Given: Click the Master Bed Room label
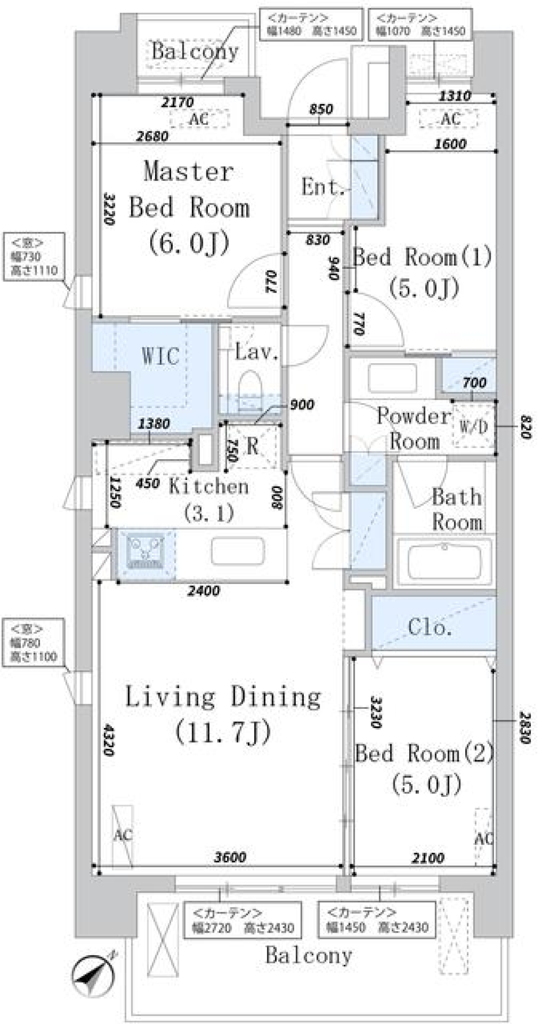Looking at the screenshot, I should click(189, 207).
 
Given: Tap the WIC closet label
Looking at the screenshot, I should click(160, 356).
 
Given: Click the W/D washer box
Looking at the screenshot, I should click(473, 426).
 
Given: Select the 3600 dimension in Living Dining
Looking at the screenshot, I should click(230, 857).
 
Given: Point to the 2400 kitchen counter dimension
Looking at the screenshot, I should click(203, 591).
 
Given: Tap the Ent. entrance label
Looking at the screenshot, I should click(322, 186).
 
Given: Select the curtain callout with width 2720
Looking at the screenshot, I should click(243, 921).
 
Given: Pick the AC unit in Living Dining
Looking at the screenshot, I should click(123, 835).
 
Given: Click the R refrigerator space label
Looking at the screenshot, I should click(252, 446).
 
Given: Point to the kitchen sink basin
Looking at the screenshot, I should click(238, 550).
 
